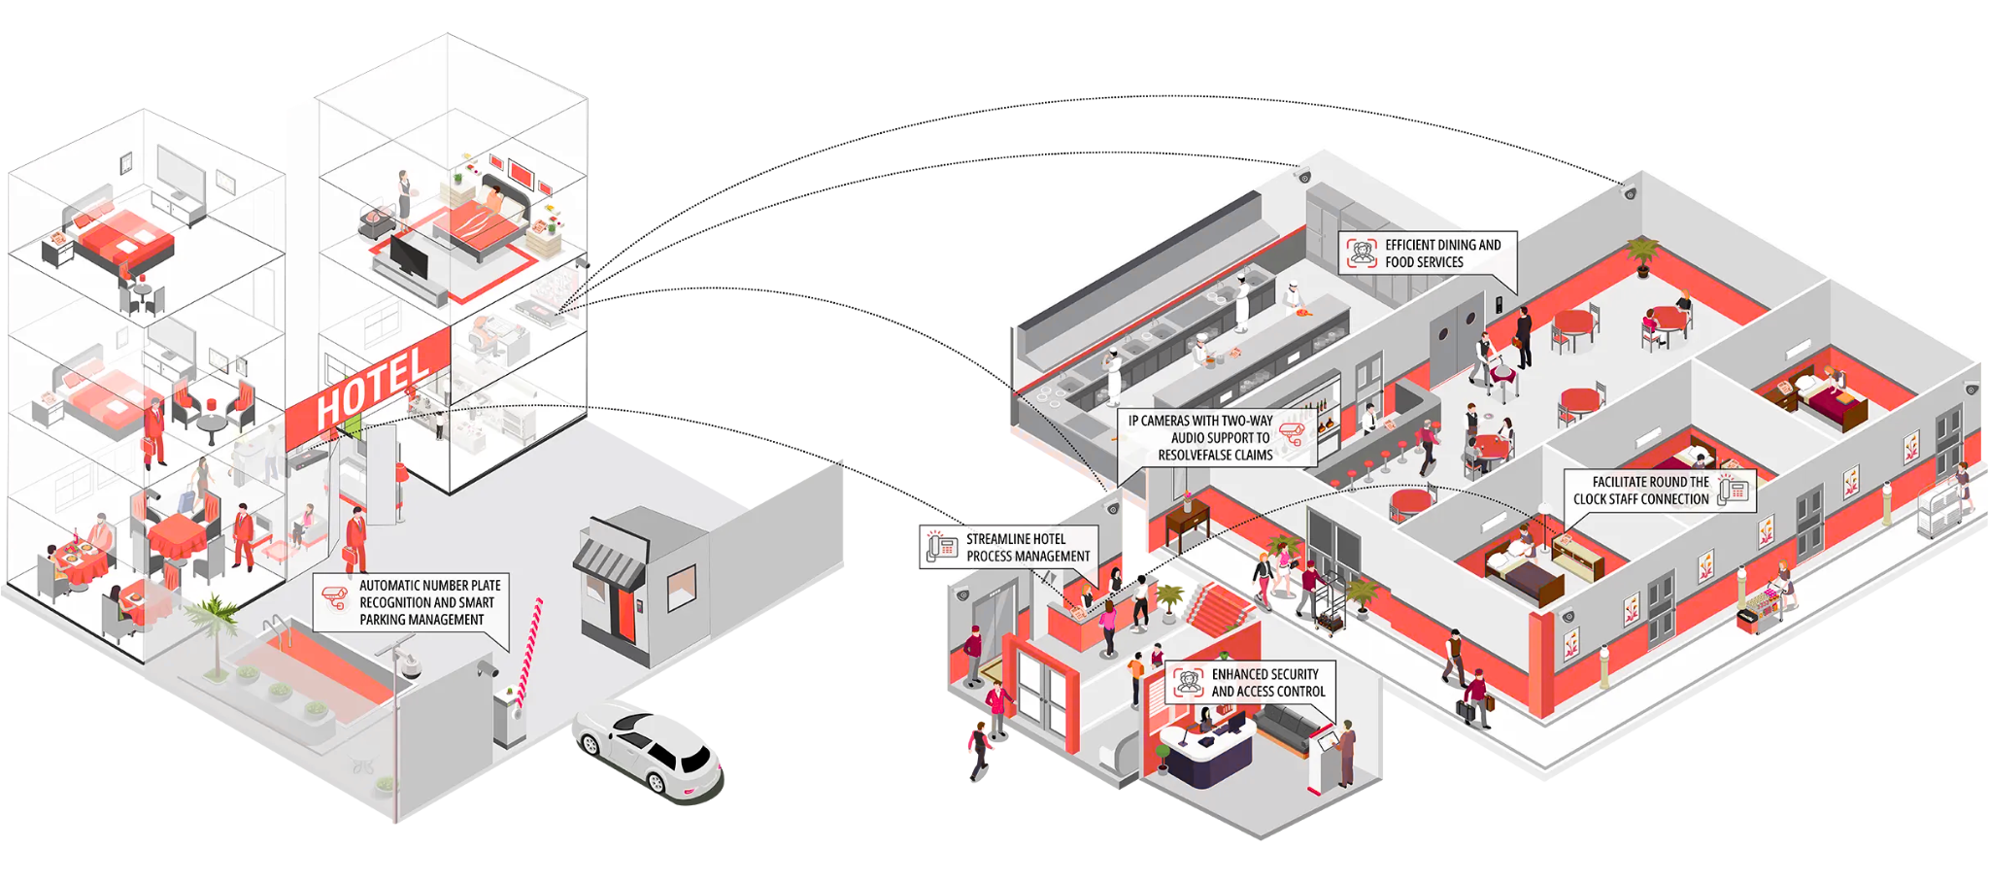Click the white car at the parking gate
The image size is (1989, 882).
(x=648, y=753)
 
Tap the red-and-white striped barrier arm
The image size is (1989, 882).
(x=530, y=651)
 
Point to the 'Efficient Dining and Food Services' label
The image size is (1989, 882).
(x=1442, y=254)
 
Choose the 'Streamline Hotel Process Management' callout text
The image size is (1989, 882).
(x=1028, y=548)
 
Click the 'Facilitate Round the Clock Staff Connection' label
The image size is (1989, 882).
(x=1641, y=491)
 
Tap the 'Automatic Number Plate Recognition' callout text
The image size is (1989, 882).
(x=429, y=602)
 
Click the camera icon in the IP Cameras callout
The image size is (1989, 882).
(x=1292, y=433)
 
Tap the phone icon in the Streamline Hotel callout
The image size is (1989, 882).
(x=941, y=546)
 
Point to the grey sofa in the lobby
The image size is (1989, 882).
(x=1293, y=727)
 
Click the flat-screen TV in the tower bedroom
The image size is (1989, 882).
(x=407, y=257)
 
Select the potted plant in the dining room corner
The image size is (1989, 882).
(x=1642, y=255)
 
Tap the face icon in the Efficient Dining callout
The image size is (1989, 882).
(x=1362, y=253)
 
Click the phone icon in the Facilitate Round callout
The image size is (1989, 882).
(x=1734, y=490)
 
